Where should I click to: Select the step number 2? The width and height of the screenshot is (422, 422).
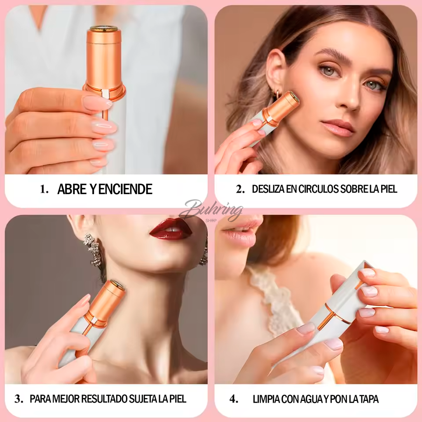tap(240, 189)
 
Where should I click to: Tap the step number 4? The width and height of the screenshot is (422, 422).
tap(234, 399)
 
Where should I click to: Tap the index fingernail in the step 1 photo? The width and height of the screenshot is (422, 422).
tap(97, 103)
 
